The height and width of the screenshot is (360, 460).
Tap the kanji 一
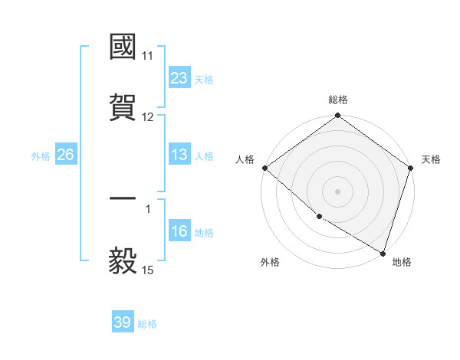tap(123, 199)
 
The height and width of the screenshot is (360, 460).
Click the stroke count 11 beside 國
tap(148, 56)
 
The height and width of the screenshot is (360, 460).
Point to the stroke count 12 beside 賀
tap(148, 117)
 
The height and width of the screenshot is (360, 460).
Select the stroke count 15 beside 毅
tap(148, 270)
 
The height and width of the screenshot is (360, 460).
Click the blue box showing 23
tap(179, 78)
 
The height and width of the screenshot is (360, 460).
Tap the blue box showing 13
tap(179, 155)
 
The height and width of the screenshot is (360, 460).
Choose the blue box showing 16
tap(179, 231)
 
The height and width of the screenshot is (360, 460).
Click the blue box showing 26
tap(65, 155)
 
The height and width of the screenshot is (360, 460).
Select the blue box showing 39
tap(123, 322)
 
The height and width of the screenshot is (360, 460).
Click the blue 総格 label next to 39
tap(148, 324)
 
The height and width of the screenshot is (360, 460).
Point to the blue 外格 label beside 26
tap(41, 156)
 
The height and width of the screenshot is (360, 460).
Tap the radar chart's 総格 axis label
tap(338, 100)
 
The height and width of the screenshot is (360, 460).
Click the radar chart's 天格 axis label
tap(432, 159)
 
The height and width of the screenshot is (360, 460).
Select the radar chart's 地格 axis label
tap(402, 263)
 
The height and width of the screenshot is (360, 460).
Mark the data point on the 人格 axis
tap(264, 168)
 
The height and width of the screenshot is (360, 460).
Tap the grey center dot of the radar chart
tap(338, 191)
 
